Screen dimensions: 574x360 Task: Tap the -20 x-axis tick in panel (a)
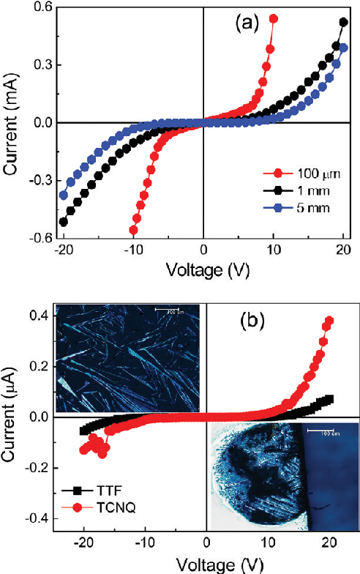coord(61,250)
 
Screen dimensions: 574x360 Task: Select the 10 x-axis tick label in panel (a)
coord(273,250)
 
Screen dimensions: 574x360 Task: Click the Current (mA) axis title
coord(13,123)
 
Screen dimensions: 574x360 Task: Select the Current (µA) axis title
coord(13,417)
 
